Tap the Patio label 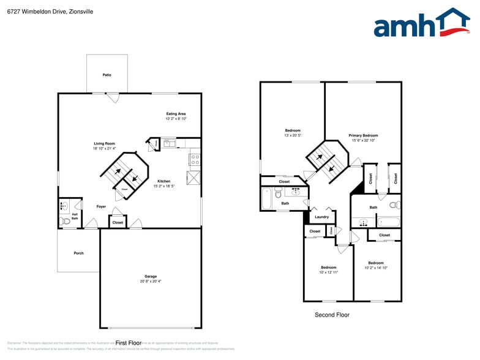[x=107, y=75]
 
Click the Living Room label [x=104, y=143]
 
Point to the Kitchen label [x=163, y=181]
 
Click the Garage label [x=151, y=276]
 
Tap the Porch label [x=78, y=253]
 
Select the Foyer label [x=101, y=206]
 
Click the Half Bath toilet [x=64, y=221]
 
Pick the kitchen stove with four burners [x=195, y=159]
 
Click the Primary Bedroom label [x=363, y=135]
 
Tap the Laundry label [x=321, y=217]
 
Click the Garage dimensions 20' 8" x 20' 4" [x=151, y=281]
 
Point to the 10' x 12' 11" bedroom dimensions [x=328, y=272]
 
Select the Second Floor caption [x=332, y=315]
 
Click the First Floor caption [x=129, y=343]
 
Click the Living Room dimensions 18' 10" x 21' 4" [x=104, y=148]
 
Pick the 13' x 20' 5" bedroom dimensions [x=293, y=135]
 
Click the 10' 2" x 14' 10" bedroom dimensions [x=376, y=268]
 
